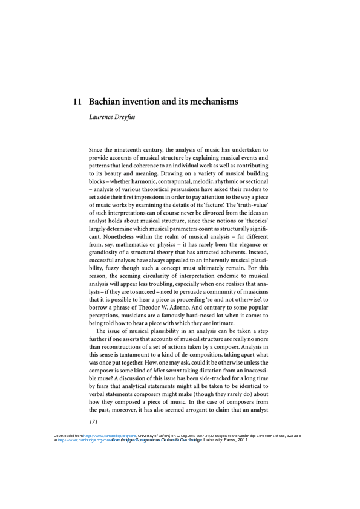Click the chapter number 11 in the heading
77,102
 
